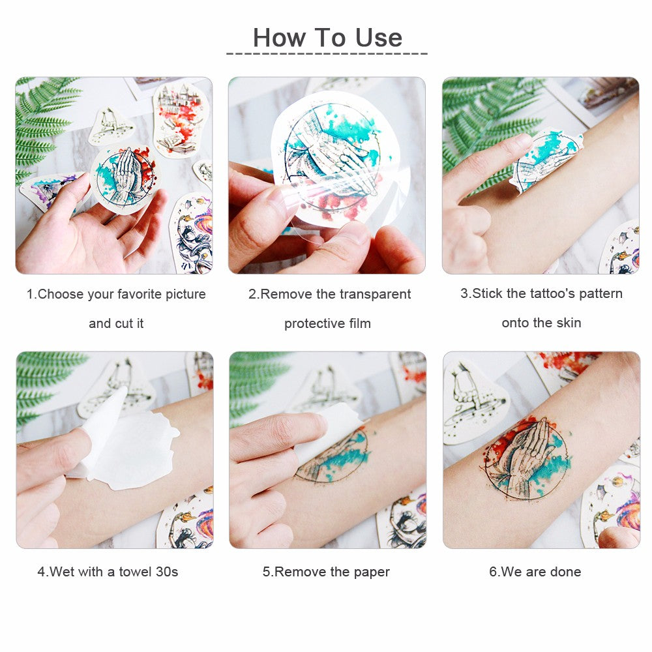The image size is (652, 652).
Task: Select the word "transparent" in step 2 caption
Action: (x=375, y=294)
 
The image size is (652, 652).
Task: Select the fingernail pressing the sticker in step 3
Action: (x=524, y=140)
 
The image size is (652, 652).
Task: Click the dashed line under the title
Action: (x=326, y=53)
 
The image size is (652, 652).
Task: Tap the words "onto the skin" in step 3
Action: (x=541, y=323)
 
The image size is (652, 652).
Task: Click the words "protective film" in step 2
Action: (x=327, y=323)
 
